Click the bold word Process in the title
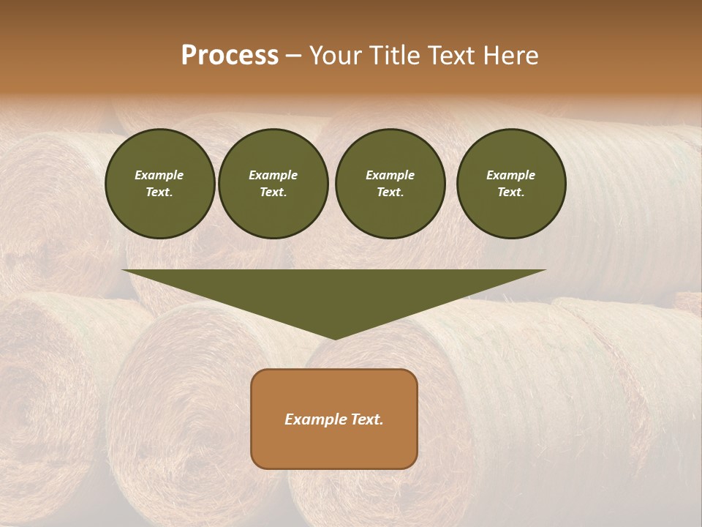(x=230, y=56)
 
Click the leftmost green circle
(x=160, y=184)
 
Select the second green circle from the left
(x=273, y=184)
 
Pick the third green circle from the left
(x=390, y=184)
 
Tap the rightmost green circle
(x=511, y=184)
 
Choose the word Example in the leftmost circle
(x=159, y=175)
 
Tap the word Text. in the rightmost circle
(x=511, y=193)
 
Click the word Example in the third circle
(x=390, y=175)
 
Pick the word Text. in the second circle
(x=273, y=193)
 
